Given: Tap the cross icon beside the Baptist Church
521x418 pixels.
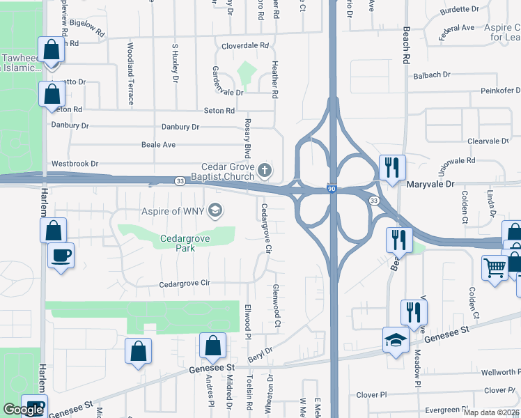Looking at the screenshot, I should [264, 169].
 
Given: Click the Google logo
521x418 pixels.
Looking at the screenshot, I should [23, 410].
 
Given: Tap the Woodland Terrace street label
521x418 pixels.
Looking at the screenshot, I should [130, 73].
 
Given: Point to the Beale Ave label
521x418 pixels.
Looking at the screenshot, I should [159, 145].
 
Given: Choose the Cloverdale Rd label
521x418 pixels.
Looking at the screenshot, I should [245, 46].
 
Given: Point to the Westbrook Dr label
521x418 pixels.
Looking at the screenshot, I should [74, 164].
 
